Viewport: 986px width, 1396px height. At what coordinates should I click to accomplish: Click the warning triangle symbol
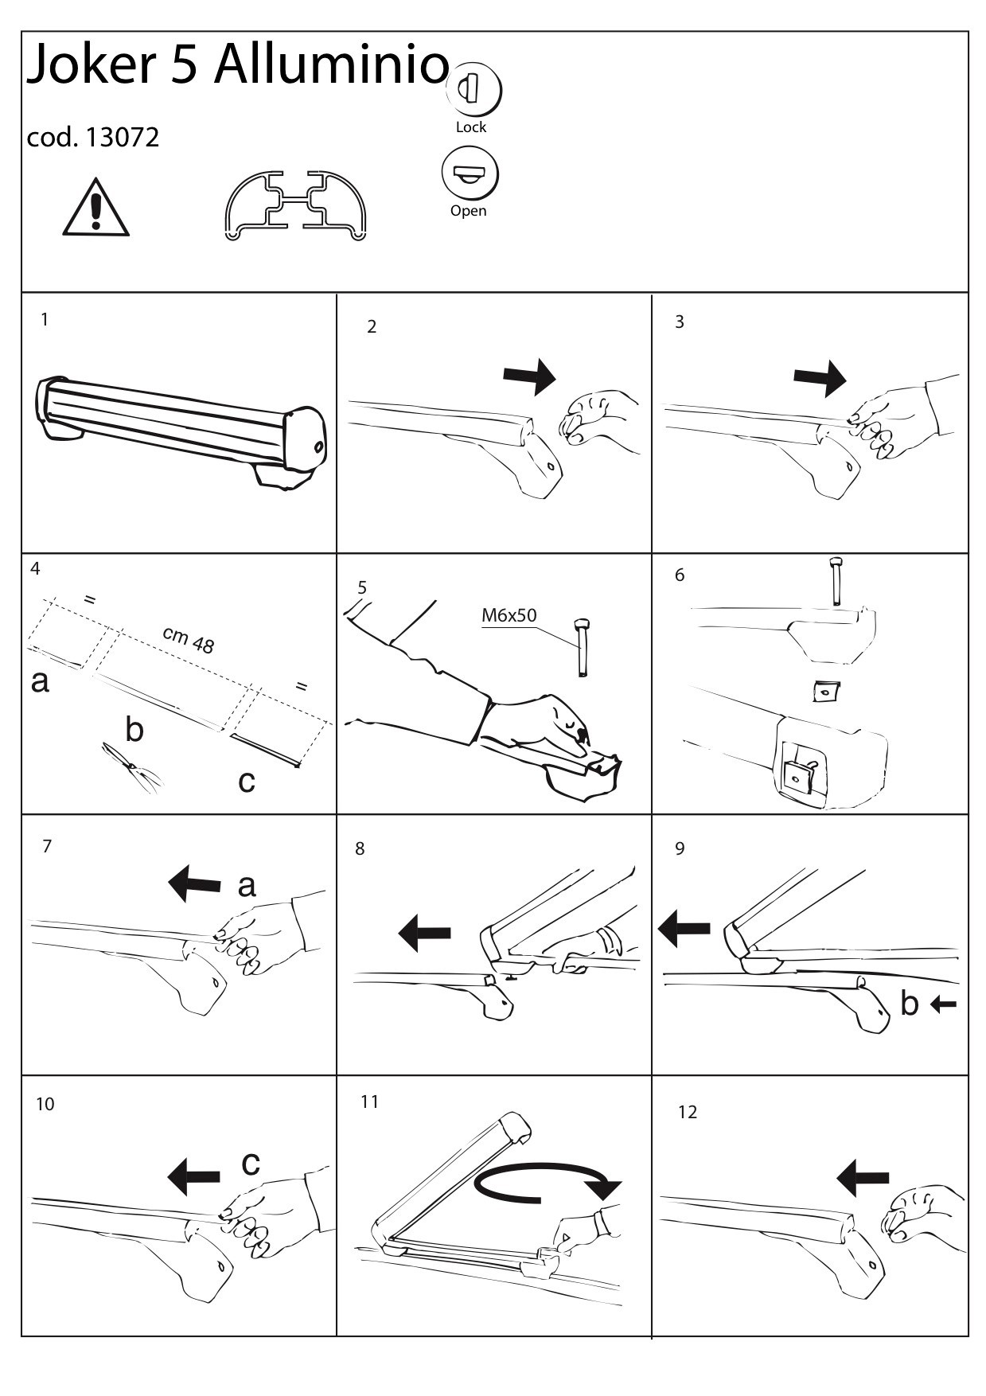(95, 209)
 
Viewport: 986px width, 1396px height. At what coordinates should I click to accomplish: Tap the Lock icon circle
(474, 88)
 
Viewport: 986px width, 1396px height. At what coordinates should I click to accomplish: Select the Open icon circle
(470, 174)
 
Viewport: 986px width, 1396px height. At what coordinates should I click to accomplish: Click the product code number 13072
(122, 138)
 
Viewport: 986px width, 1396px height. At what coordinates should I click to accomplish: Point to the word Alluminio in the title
(332, 65)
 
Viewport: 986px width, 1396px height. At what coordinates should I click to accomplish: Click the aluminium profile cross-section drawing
(295, 205)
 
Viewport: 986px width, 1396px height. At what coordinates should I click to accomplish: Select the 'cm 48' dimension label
(189, 639)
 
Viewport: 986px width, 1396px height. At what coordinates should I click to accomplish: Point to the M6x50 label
(509, 615)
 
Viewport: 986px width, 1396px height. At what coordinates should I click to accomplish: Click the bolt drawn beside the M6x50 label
(583, 646)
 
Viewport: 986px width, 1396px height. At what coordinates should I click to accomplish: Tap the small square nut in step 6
(828, 691)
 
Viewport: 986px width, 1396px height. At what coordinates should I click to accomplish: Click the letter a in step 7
(247, 885)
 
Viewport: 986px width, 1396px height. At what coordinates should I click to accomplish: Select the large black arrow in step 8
(424, 932)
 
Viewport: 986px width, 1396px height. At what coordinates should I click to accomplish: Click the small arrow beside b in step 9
(943, 1005)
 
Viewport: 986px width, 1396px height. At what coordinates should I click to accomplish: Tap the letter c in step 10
(251, 1163)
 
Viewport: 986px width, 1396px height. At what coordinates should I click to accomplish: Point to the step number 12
(688, 1112)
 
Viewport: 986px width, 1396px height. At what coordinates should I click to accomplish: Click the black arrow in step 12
(863, 1177)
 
